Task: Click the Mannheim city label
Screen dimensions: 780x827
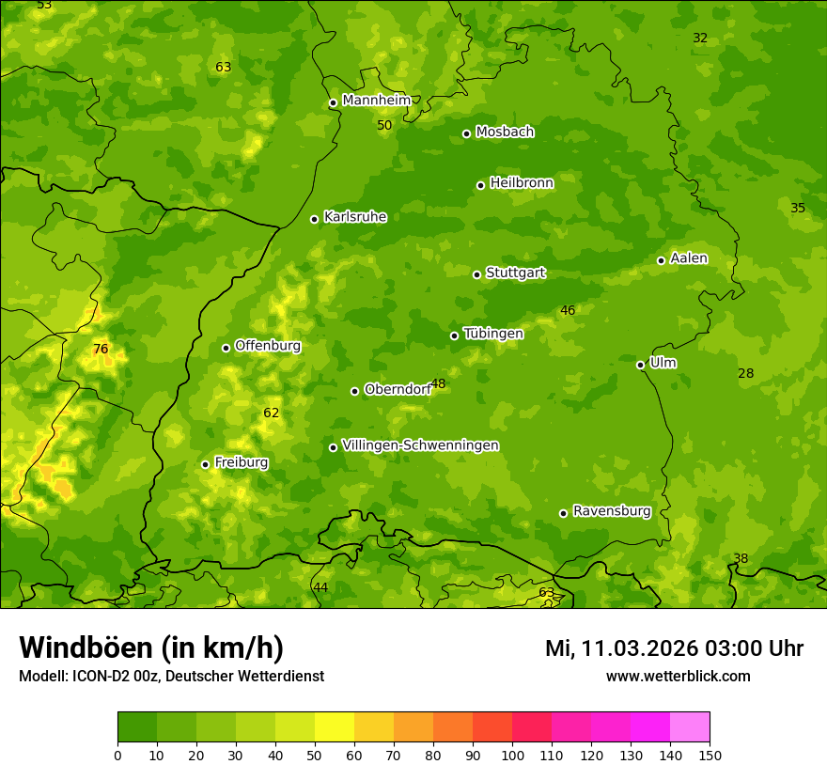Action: pyautogui.click(x=377, y=101)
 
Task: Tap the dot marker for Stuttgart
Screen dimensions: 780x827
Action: pyautogui.click(x=476, y=274)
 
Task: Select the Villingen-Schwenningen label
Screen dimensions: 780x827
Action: pyautogui.click(x=420, y=445)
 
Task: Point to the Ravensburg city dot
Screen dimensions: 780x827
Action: pyautogui.click(x=563, y=513)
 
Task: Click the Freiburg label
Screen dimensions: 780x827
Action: pyautogui.click(x=241, y=462)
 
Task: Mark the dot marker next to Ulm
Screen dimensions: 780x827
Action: pyautogui.click(x=640, y=365)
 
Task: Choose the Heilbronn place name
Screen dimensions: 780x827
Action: pyautogui.click(x=522, y=183)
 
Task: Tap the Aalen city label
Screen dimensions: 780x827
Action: pyautogui.click(x=689, y=258)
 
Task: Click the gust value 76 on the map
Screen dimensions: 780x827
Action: pyautogui.click(x=101, y=350)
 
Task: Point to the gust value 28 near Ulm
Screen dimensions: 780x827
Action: pyautogui.click(x=745, y=374)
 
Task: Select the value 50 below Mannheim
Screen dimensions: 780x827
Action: pyautogui.click(x=384, y=125)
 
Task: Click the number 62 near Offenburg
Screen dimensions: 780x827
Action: pyautogui.click(x=272, y=413)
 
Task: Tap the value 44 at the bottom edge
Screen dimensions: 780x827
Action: pyautogui.click(x=320, y=587)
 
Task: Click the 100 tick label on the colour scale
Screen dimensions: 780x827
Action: pyautogui.click(x=512, y=755)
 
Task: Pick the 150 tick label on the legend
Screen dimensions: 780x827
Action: pyautogui.click(x=710, y=755)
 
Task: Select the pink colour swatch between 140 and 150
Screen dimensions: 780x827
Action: pyautogui.click(x=690, y=727)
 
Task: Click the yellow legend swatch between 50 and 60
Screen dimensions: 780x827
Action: pyautogui.click(x=335, y=727)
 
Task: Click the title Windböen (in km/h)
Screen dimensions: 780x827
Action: pyautogui.click(x=150, y=648)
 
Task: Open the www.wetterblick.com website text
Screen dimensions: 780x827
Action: pyautogui.click(x=678, y=676)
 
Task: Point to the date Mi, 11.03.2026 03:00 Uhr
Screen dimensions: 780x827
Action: pyautogui.click(x=674, y=648)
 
